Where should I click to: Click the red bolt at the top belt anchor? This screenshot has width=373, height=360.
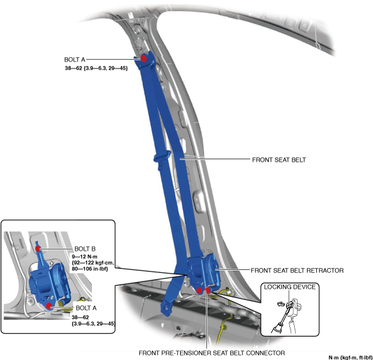[144, 58]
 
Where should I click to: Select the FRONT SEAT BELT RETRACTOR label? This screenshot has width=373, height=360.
[296, 271]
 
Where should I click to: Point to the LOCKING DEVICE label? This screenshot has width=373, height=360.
[290, 287]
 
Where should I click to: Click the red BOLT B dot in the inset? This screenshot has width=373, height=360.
[38, 249]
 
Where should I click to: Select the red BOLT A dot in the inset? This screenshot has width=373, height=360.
[50, 305]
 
